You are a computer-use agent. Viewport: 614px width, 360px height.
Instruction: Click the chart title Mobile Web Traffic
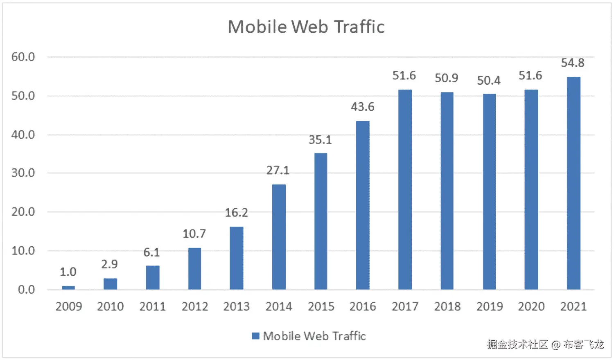(306, 27)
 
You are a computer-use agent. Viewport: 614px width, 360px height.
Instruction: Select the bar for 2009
(68, 288)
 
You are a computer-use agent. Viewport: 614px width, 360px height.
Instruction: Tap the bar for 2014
(279, 237)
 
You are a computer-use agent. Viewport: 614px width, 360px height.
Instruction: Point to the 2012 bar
(194, 269)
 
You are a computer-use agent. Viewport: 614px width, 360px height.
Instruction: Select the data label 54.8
(572, 63)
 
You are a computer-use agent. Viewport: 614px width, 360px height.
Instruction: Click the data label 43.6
(362, 107)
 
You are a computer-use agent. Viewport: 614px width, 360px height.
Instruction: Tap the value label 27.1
(278, 170)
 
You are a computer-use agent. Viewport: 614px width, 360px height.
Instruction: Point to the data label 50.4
(488, 81)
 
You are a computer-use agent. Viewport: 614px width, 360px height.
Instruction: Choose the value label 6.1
(151, 252)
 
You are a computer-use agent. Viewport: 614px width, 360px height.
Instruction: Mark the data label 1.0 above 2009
(68, 272)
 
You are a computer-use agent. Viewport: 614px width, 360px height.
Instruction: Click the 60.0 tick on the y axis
(23, 57)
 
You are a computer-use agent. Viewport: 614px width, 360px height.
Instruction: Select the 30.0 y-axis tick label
(23, 173)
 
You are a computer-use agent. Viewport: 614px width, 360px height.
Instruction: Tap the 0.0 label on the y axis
(26, 290)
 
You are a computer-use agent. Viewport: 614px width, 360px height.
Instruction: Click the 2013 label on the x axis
(236, 306)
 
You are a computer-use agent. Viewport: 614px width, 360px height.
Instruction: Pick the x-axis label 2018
(447, 306)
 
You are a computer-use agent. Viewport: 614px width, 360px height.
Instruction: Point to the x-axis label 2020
(531, 306)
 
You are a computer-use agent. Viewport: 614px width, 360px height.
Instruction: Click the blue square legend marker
(255, 336)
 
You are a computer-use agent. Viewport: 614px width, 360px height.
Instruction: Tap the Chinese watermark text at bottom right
(545, 344)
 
